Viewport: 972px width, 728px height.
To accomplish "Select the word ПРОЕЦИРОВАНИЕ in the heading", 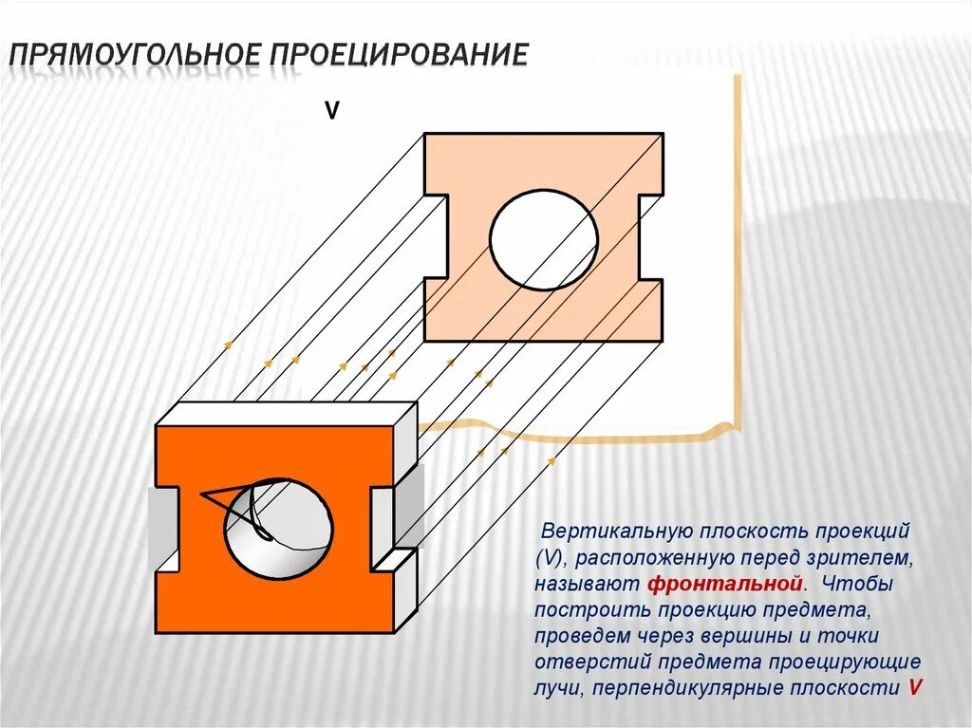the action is click(x=399, y=54).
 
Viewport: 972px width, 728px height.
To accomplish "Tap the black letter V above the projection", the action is click(x=332, y=111).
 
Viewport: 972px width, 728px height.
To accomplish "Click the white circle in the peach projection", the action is click(x=544, y=237).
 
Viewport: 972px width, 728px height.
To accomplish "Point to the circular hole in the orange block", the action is click(x=278, y=528).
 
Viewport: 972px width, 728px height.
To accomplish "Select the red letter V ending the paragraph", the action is click(x=914, y=687).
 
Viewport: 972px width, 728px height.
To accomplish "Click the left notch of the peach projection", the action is click(x=436, y=236).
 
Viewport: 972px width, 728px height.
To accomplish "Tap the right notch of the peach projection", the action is click(x=651, y=236).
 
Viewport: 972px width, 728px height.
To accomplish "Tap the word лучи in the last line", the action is click(x=559, y=687).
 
